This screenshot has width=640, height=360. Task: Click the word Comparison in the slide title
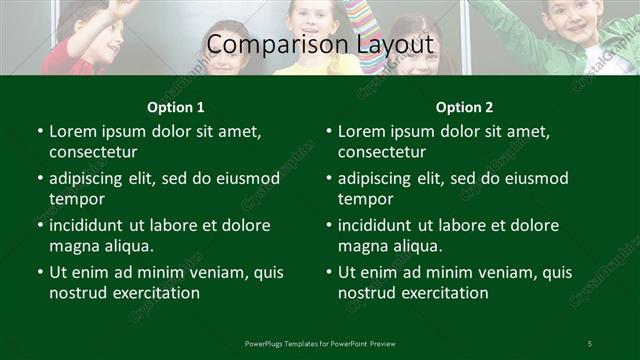(x=265, y=45)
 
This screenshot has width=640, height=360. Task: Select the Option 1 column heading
(x=176, y=107)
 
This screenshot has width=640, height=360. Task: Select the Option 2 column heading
(x=465, y=107)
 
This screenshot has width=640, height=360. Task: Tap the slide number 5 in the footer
(x=590, y=344)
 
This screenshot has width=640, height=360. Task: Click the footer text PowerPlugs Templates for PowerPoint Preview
(x=320, y=344)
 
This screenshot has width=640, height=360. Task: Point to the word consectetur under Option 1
(x=93, y=152)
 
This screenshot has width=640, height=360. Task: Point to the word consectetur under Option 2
(x=382, y=152)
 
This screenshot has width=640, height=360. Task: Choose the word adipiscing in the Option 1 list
(x=89, y=179)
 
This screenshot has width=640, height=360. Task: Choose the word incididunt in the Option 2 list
(x=381, y=225)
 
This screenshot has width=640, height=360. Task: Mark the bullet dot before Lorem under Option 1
(x=40, y=132)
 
